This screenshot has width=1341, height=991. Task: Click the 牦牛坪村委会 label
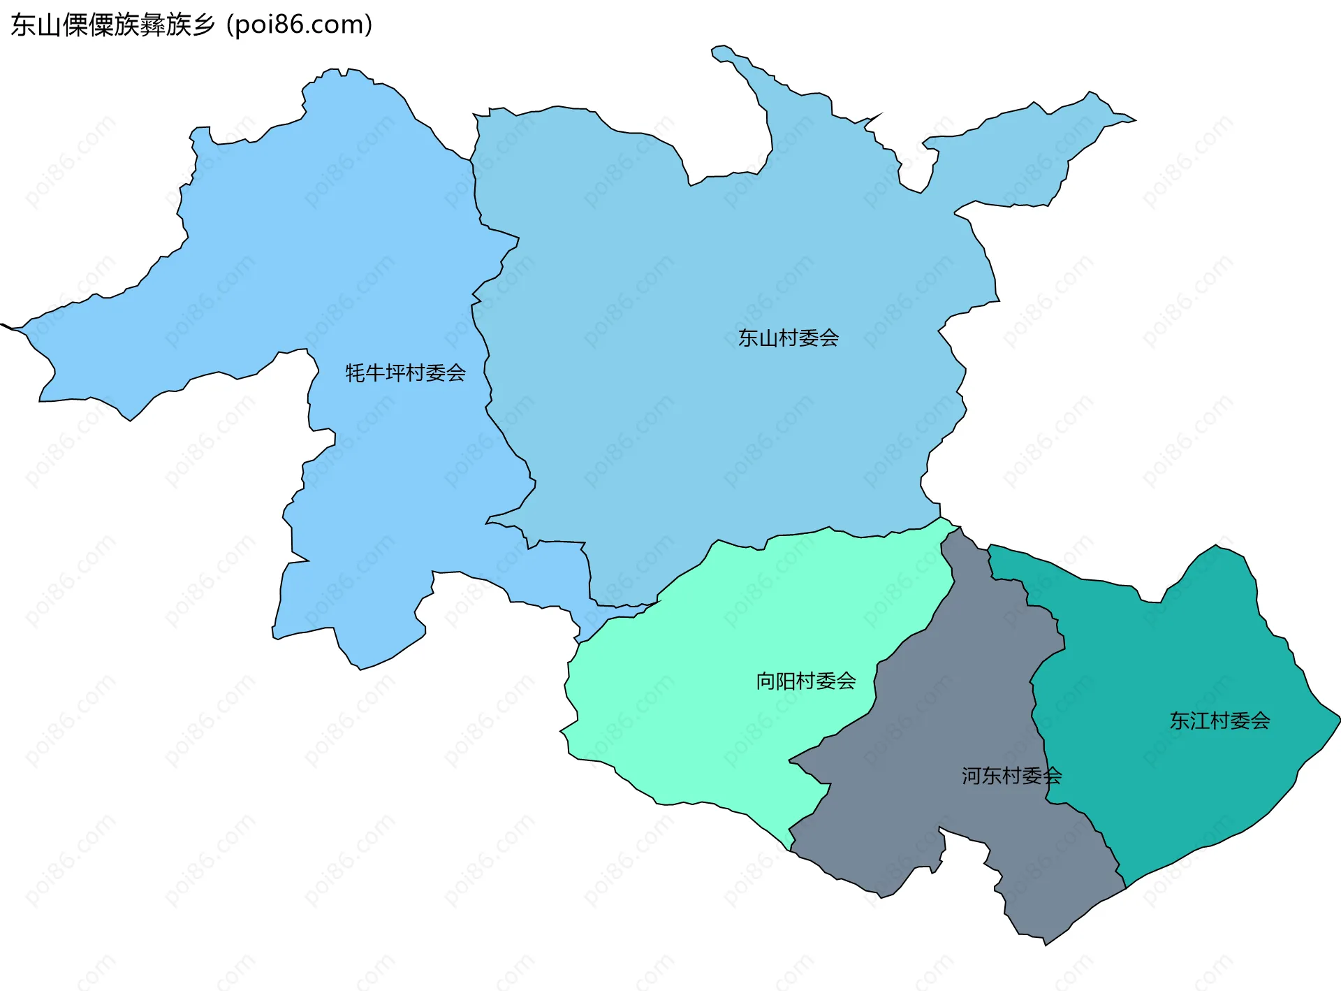point(405,373)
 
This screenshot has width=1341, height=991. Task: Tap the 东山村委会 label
point(788,338)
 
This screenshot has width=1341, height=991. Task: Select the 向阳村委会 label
point(805,681)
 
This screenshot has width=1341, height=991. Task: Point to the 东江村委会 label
point(1219,721)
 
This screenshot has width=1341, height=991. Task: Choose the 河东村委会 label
point(1011,776)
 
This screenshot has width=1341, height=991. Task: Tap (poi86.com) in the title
point(300,25)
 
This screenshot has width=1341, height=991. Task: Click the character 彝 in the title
point(152,25)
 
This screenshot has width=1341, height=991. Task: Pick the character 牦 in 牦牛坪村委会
point(356,373)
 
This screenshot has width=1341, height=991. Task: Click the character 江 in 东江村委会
point(1200,721)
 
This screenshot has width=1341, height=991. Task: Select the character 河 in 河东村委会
point(972,776)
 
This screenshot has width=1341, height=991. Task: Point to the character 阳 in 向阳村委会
point(786,681)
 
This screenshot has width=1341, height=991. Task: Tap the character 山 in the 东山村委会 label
point(768,338)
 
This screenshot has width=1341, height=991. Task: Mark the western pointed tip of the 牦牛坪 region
point(3,324)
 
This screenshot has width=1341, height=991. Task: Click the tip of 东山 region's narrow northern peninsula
point(717,50)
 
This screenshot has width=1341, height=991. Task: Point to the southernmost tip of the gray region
point(1045,944)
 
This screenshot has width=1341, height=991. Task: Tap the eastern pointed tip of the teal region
point(1339,718)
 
